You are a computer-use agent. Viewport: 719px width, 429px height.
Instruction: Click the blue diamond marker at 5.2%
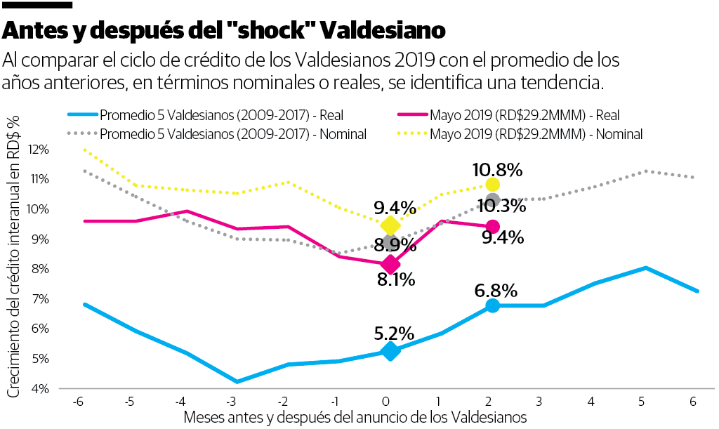click(390, 351)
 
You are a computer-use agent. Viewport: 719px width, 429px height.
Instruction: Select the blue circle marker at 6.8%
click(492, 305)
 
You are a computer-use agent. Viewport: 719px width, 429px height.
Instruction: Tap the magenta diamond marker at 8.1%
click(390, 265)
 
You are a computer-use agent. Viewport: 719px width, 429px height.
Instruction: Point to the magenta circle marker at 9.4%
click(492, 226)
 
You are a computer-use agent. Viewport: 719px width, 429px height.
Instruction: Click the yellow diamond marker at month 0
click(390, 225)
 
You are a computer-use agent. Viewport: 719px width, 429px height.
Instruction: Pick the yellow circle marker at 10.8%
click(492, 185)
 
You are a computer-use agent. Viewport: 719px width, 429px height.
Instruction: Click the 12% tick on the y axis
click(39, 150)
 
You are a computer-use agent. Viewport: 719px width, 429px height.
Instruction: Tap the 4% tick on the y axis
click(39, 388)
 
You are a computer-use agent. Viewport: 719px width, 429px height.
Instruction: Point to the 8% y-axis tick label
click(39, 269)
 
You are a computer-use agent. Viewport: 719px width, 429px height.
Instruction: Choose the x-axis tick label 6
click(694, 402)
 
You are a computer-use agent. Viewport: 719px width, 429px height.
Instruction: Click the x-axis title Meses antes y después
click(355, 417)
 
